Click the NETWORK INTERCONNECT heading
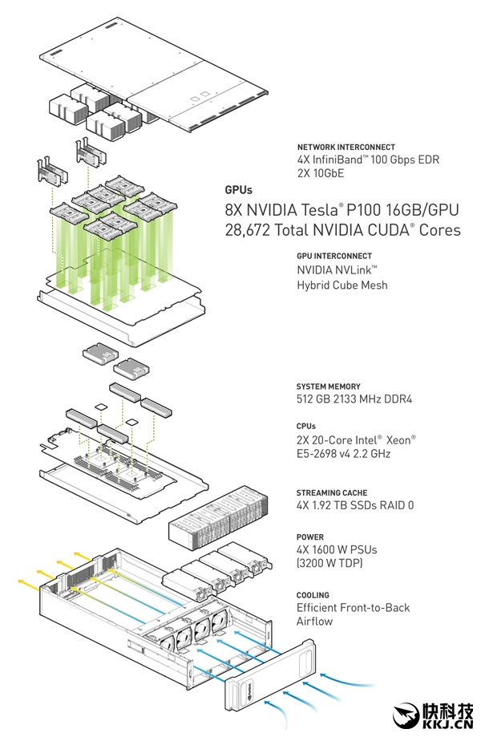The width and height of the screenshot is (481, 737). [346, 147]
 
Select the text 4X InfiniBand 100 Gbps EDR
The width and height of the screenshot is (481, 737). [358, 159]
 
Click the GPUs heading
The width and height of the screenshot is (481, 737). [238, 190]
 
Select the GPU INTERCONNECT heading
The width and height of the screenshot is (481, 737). [334, 256]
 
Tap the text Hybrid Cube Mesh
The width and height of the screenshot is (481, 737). [342, 284]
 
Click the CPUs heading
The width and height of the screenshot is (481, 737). [306, 427]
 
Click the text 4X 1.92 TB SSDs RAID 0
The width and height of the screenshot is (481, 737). [355, 506]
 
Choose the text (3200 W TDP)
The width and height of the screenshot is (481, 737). [329, 564]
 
